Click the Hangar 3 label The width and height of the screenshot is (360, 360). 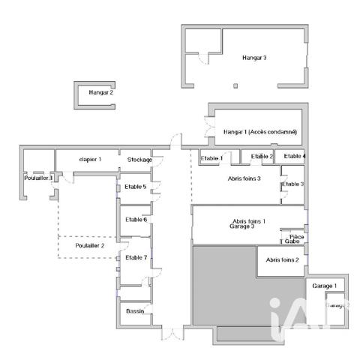[x=254, y=57]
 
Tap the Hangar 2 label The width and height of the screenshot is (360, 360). [x=101, y=93]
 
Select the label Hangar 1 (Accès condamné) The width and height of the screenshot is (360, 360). [x=260, y=133]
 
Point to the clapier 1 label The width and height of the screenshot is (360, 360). [x=90, y=160]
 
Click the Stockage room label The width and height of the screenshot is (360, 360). [x=139, y=160]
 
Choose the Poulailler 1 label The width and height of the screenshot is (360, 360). [x=37, y=178]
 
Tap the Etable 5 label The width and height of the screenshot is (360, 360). [x=136, y=186]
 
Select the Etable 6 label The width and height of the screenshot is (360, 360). [x=136, y=220]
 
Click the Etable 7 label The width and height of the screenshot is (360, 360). [x=136, y=257]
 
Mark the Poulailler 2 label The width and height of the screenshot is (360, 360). [x=89, y=245]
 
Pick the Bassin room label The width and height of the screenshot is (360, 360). [x=135, y=310]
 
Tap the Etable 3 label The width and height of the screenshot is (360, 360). [x=292, y=184]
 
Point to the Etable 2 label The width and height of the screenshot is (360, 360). [x=262, y=156]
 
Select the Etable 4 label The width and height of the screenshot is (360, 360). [x=295, y=156]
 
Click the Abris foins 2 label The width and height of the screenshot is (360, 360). [x=283, y=259]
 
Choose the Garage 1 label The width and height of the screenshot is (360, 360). [x=324, y=286]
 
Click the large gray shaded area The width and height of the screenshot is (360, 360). [x=225, y=289]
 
